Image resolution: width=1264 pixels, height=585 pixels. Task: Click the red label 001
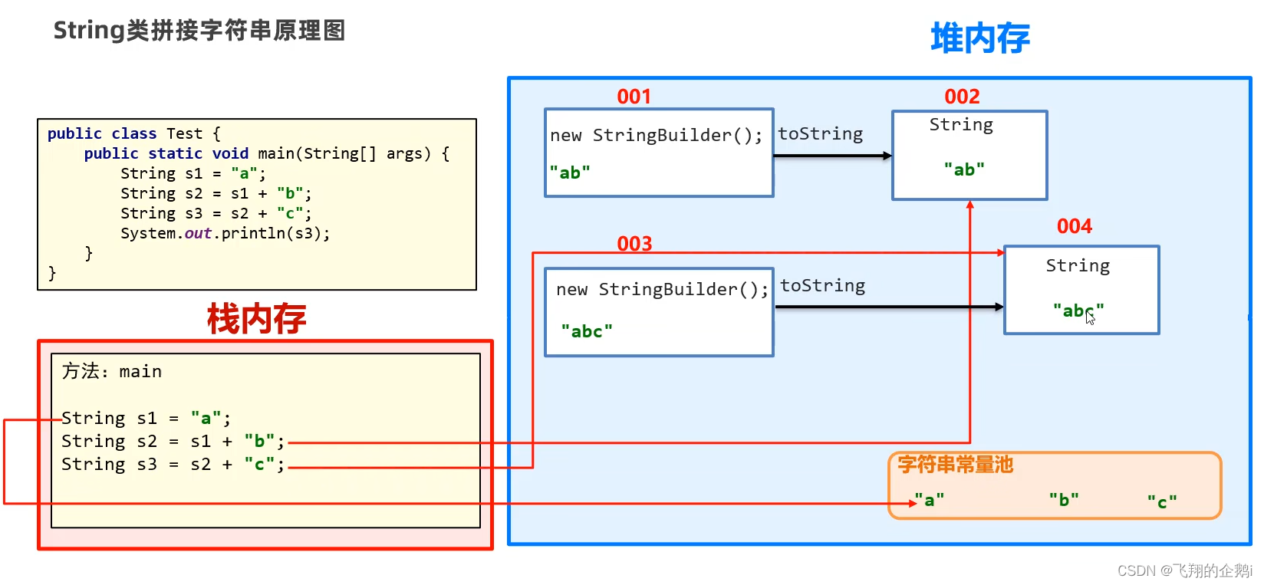(634, 97)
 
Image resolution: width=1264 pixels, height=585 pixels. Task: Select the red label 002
(962, 97)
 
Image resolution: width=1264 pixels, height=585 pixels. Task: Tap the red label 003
(634, 244)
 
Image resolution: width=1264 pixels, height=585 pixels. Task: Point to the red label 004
(1074, 226)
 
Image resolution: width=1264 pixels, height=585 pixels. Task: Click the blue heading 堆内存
(979, 38)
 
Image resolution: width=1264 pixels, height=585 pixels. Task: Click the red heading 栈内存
(256, 318)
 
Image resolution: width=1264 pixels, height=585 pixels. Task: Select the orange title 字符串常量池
(956, 465)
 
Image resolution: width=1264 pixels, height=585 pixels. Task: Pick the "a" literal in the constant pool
(930, 501)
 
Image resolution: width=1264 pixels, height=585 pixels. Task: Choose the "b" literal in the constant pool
(1064, 500)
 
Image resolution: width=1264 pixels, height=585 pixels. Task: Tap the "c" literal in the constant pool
(1162, 502)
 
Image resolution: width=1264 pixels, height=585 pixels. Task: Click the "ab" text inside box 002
(964, 169)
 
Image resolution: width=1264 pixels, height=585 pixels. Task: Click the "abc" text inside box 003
(587, 331)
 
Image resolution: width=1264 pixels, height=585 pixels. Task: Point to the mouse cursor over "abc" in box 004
(1090, 317)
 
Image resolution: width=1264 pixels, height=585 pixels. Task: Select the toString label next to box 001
(820, 134)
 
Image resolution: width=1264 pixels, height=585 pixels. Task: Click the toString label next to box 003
(822, 286)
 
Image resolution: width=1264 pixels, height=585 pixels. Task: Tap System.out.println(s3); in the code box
(225, 233)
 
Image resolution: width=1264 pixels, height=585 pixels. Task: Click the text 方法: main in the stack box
(112, 371)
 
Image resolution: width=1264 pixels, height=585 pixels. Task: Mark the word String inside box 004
(1078, 266)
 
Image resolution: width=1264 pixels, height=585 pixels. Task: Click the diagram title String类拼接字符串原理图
(199, 31)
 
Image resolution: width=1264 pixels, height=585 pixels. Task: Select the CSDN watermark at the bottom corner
(1183, 570)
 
